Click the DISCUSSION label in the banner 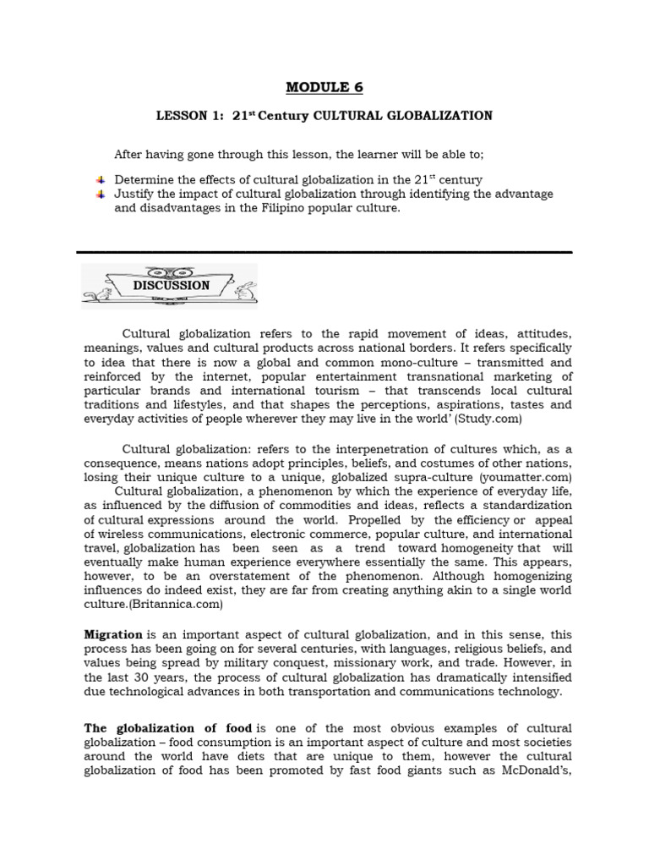point(171,286)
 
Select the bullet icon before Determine point(100,180)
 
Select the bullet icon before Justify point(100,195)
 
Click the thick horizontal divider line point(324,252)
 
